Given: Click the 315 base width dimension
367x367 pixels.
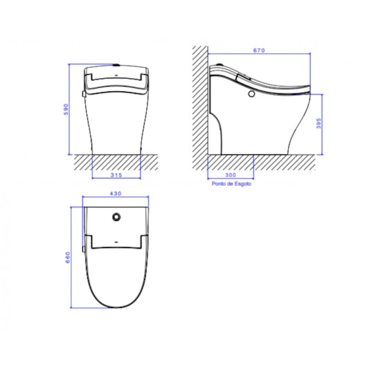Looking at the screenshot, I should pyautogui.click(x=117, y=175).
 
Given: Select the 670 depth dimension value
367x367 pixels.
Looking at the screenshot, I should pyautogui.click(x=258, y=51).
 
